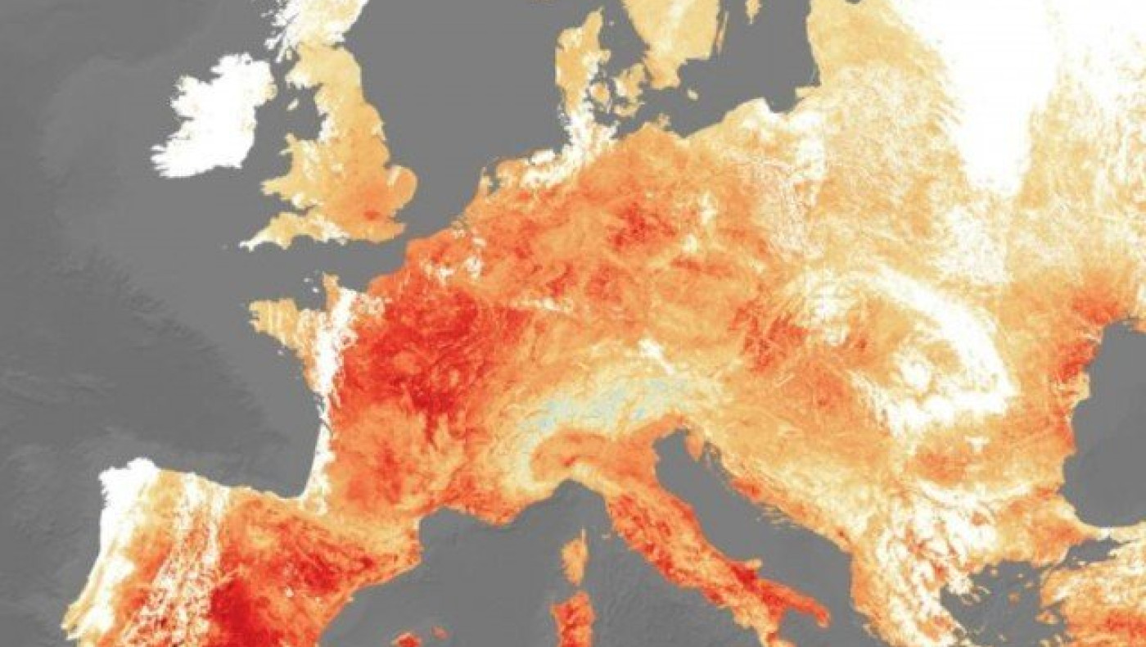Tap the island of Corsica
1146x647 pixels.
575,557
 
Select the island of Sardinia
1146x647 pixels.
573,618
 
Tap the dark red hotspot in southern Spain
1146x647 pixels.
233,610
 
